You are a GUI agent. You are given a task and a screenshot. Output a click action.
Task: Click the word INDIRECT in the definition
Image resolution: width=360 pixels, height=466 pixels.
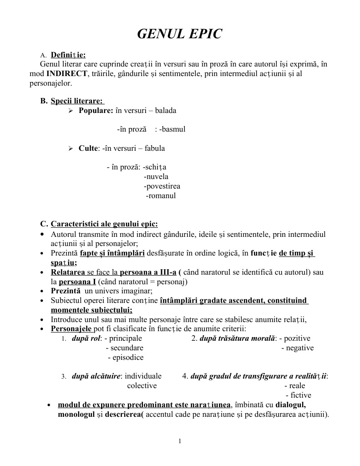[x=67, y=73]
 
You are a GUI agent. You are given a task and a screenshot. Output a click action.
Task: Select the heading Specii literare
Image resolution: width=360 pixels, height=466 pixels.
[x=76, y=101]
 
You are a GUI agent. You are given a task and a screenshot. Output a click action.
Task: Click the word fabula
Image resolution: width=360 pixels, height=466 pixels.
[x=155, y=148]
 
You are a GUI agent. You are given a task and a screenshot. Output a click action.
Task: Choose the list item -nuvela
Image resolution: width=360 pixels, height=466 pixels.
[x=156, y=177]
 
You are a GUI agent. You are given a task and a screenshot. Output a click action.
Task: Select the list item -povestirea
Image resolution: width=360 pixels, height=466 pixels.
[x=162, y=186]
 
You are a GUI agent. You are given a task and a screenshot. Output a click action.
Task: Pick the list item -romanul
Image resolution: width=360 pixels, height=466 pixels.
[x=160, y=196]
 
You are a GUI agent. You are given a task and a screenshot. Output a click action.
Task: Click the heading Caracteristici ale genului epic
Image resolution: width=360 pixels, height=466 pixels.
[x=104, y=224]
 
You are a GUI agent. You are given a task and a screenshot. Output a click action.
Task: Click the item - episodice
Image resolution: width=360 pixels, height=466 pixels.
[x=126, y=358]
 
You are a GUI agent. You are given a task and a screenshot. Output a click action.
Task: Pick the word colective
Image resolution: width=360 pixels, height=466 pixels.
[x=142, y=386]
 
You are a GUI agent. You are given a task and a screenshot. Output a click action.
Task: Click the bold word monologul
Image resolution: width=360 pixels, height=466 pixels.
[x=76, y=415]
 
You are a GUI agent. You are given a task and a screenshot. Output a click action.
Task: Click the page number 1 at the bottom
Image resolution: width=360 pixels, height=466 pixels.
[x=180, y=441]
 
